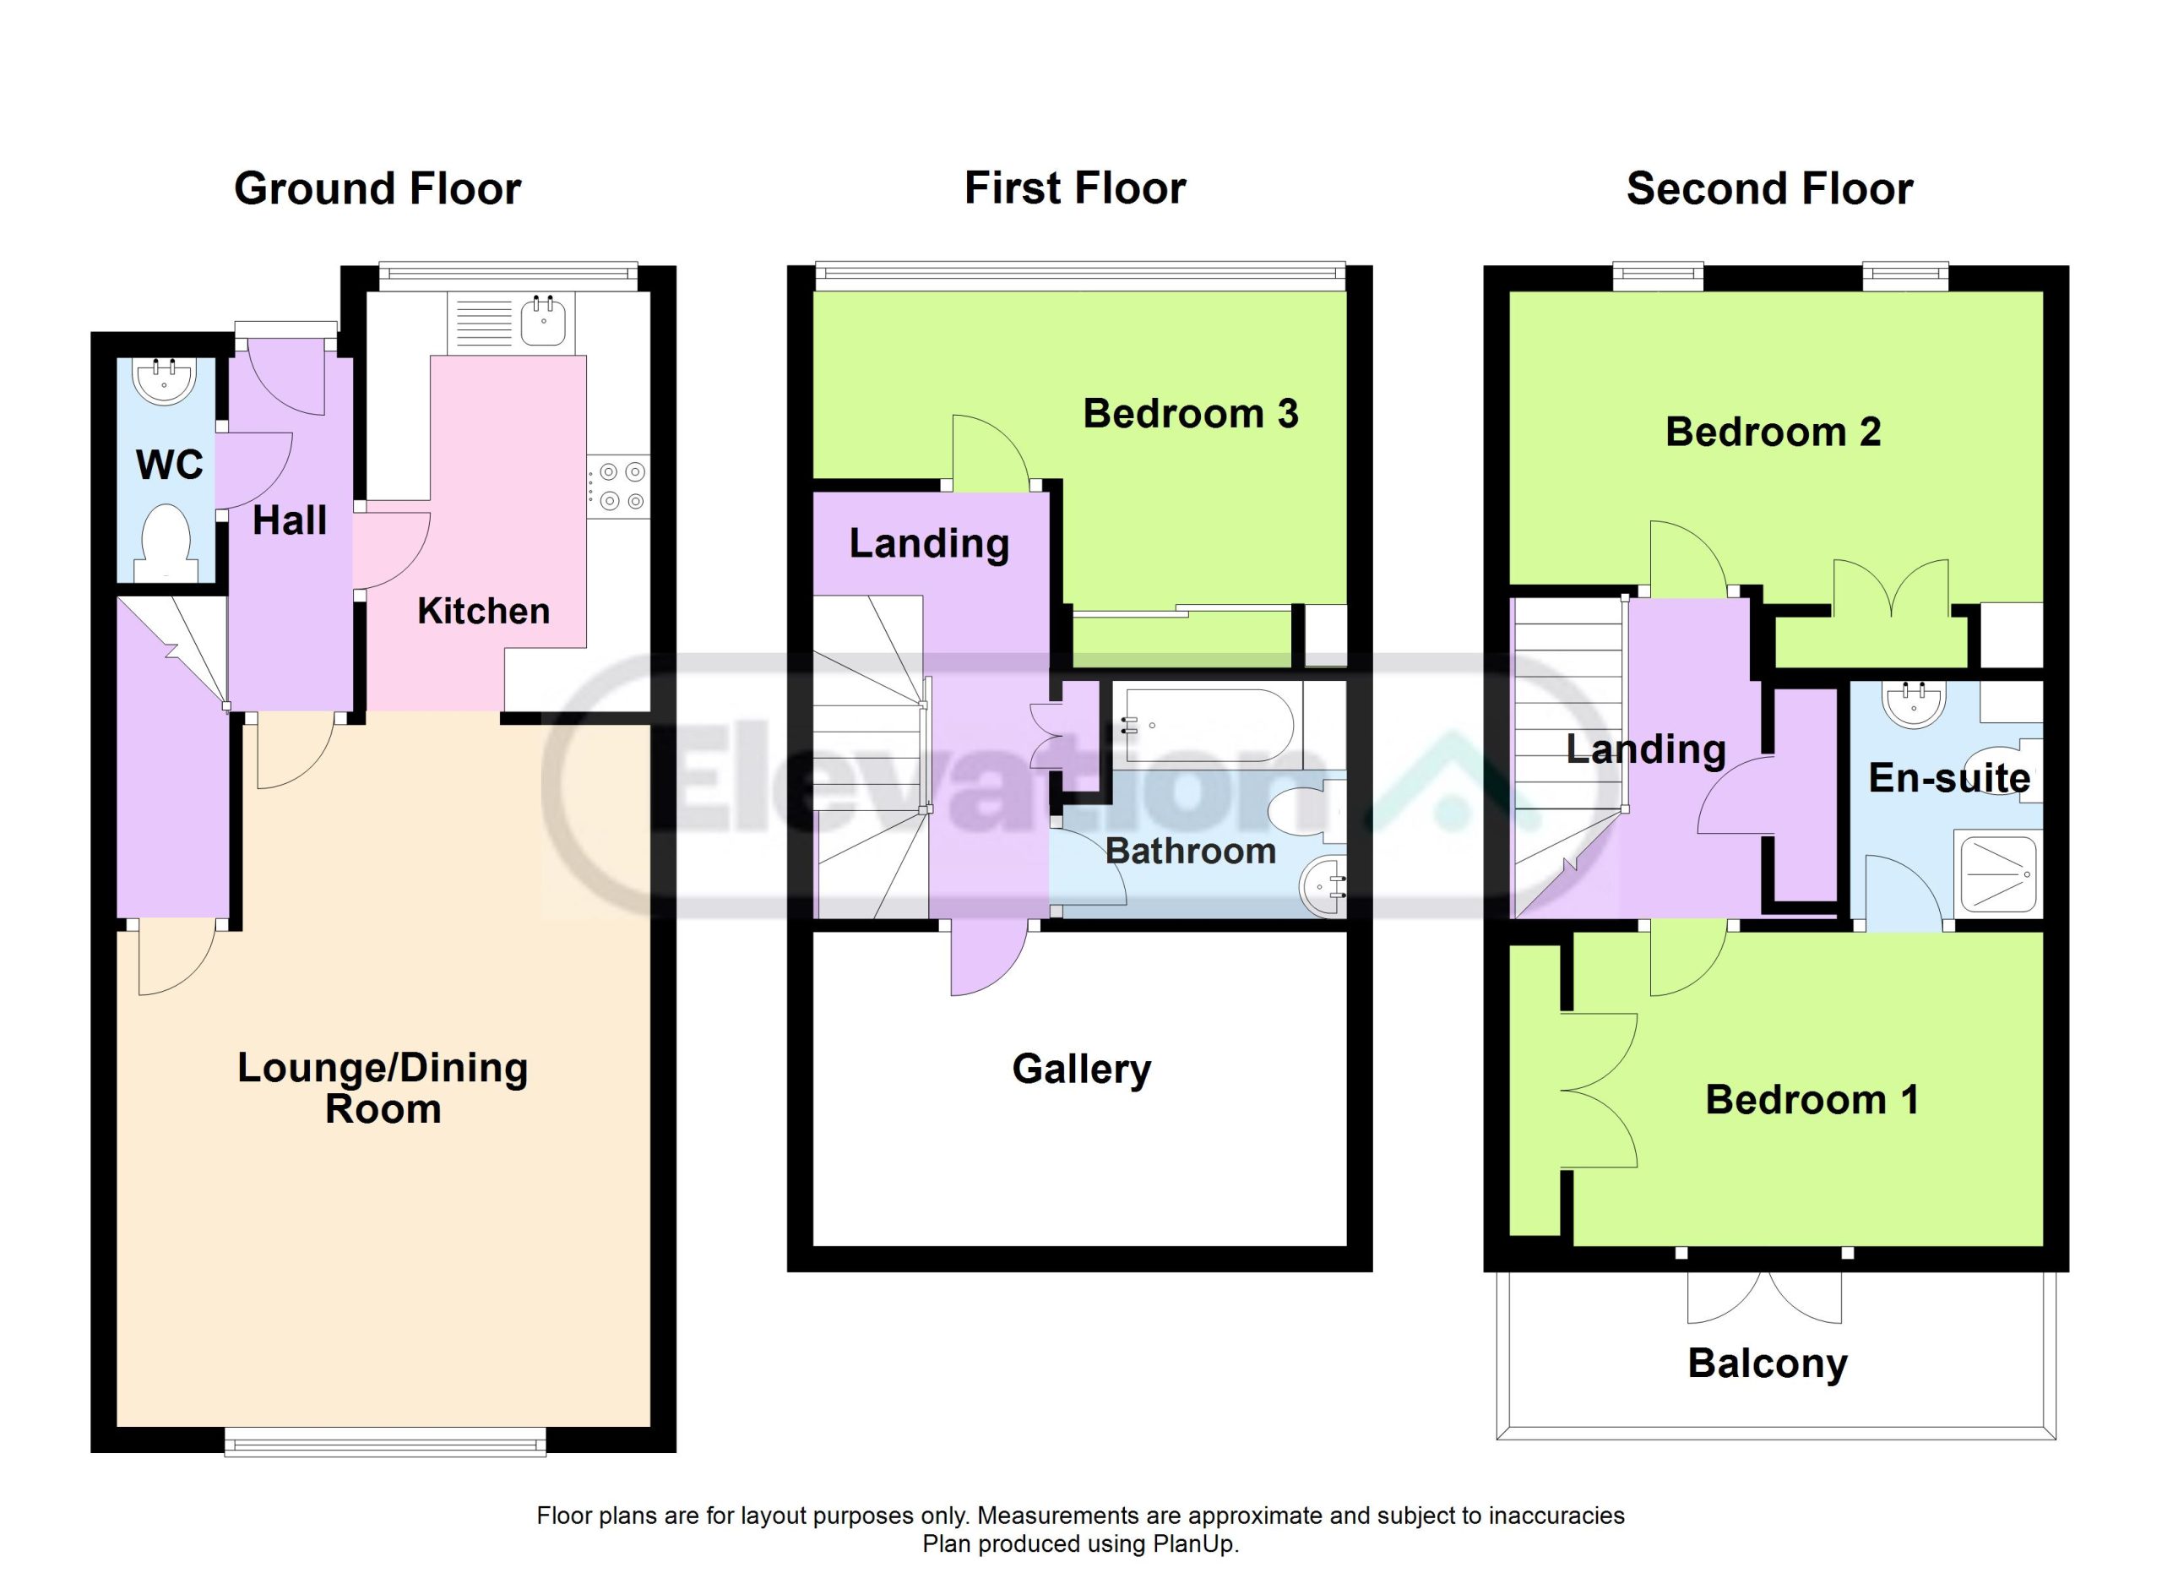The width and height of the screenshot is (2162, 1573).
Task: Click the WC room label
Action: (170, 465)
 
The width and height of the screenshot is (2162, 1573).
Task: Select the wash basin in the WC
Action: (164, 380)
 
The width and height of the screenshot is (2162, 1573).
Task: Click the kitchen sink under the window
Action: (545, 321)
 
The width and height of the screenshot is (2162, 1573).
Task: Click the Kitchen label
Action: (483, 611)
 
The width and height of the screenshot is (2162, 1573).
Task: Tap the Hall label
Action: (290, 520)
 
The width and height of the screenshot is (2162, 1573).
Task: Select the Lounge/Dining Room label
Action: (383, 1088)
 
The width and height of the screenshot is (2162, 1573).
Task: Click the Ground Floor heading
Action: (378, 188)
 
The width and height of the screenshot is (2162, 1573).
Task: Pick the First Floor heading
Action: (1075, 188)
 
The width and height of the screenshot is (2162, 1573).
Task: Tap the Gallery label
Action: (1081, 1070)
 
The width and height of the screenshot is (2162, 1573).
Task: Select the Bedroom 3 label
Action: (1191, 414)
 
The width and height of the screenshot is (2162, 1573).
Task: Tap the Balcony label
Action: (1768, 1364)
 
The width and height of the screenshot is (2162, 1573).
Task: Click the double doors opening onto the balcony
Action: (1764, 1297)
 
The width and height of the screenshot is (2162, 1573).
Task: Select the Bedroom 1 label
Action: (1812, 1100)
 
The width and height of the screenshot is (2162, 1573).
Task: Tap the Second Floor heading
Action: (1769, 188)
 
